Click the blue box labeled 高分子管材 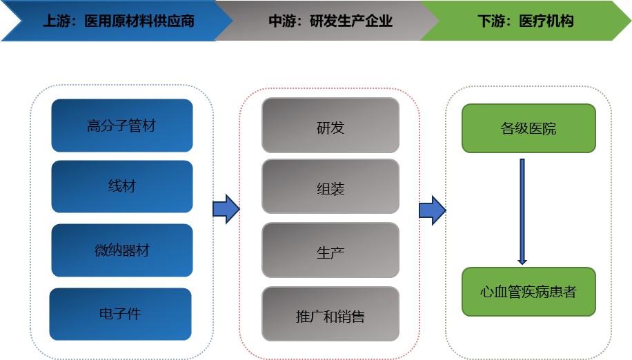pos(121,126)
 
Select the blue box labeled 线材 pos(121,186)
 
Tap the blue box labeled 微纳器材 pos(121,250)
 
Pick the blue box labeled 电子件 pos(120,314)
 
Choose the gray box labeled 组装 pos(330,188)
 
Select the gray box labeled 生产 pos(330,252)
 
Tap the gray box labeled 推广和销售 pos(330,316)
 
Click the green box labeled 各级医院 pos(528,128)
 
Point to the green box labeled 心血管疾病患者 pos(528,291)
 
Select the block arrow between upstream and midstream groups pos(226,209)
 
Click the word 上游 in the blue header pos(56,21)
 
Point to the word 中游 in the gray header pos(282,21)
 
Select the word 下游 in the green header pos(491,21)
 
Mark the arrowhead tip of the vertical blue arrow pos(522,263)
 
